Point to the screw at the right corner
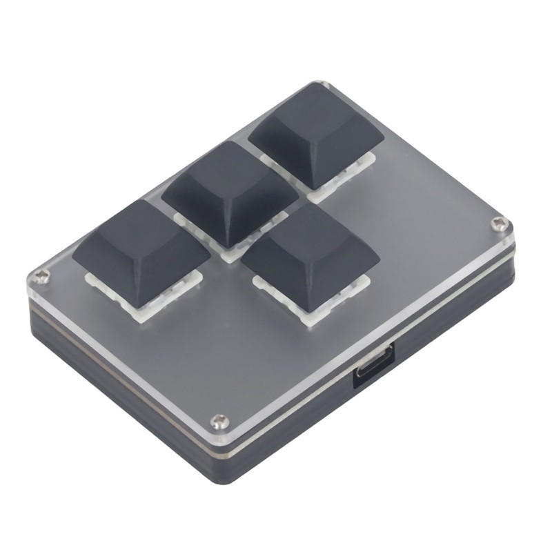pos(500,223)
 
